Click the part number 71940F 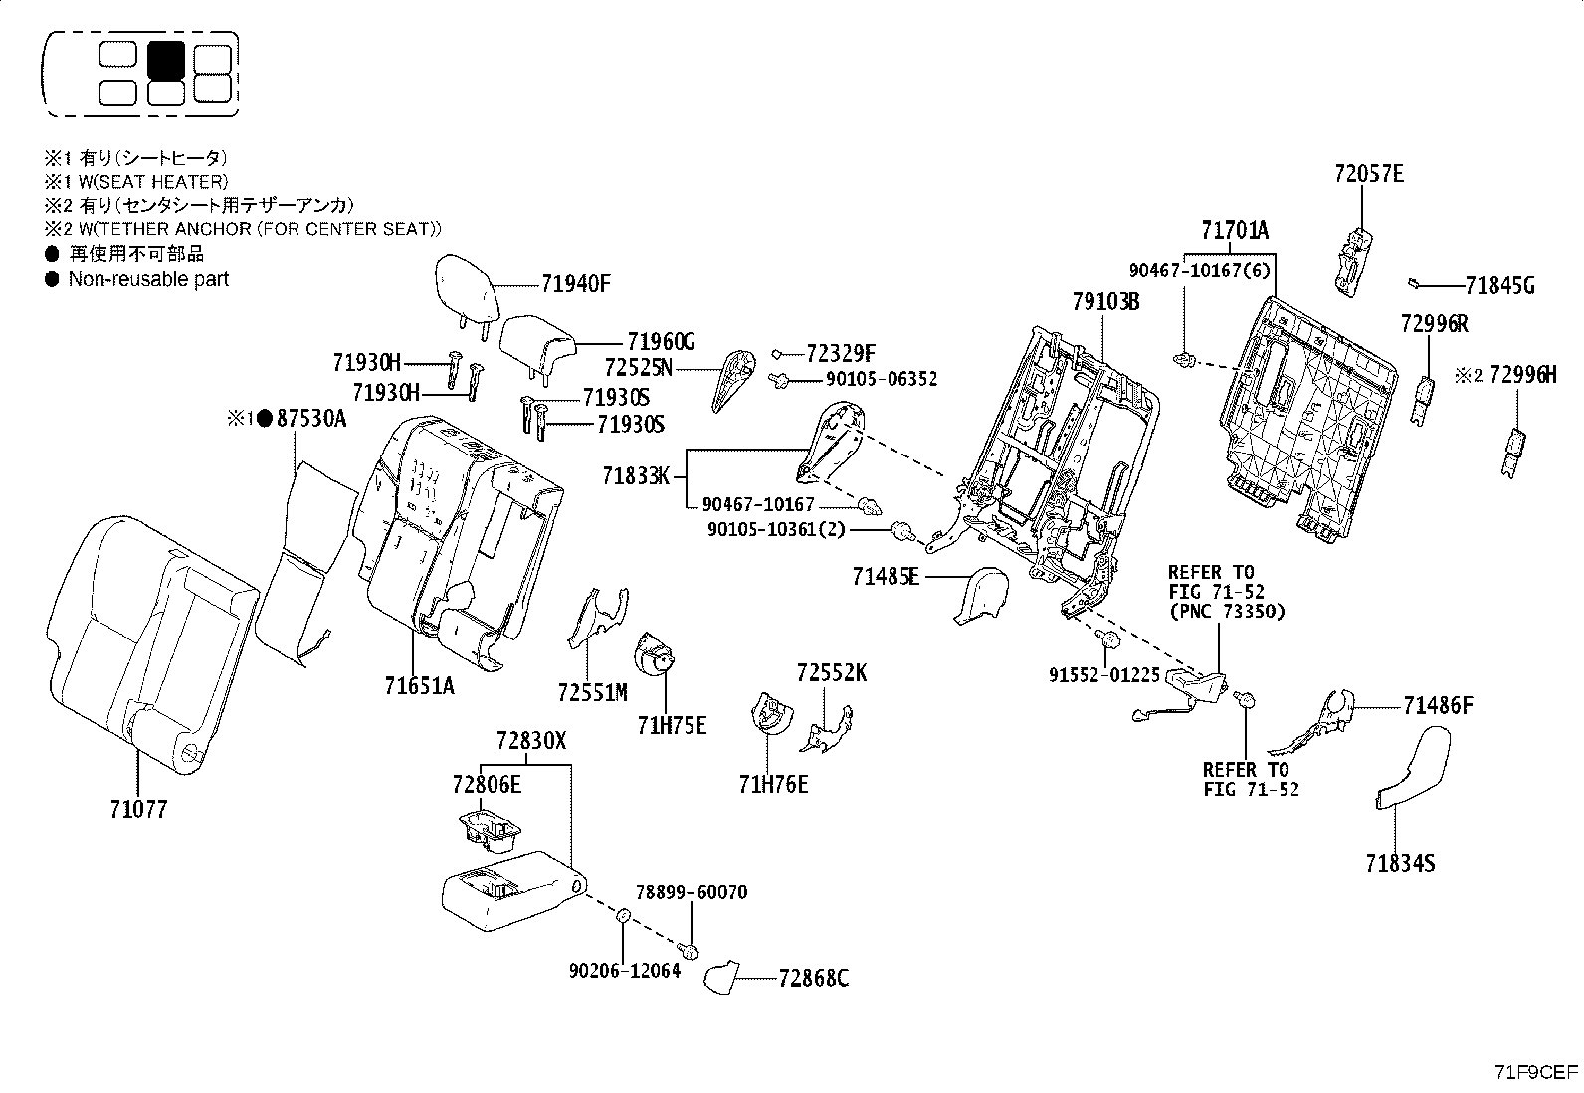[x=575, y=284]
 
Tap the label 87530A [x=310, y=420]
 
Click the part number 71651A [x=419, y=685]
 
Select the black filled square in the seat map [x=165, y=60]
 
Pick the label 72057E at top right [x=1369, y=175]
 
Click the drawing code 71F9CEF [x=1535, y=1072]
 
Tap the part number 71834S [x=1400, y=863]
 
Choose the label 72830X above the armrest [x=531, y=741]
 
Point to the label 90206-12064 [x=625, y=970]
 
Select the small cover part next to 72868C [x=723, y=977]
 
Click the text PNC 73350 [x=1227, y=611]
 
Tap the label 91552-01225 [x=1104, y=675]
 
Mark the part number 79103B [x=1105, y=302]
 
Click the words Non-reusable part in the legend [x=148, y=279]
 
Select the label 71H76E [x=773, y=785]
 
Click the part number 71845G [x=1499, y=287]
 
